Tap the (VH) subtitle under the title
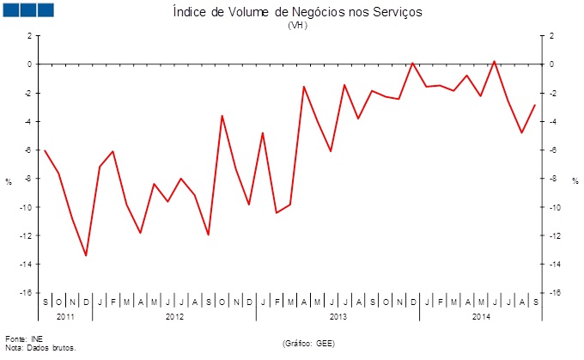pyautogui.click(x=297, y=25)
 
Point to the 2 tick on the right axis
pyautogui.click(x=551, y=36)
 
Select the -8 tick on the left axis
pyautogui.click(x=28, y=179)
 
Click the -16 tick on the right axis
pyautogui.click(x=554, y=293)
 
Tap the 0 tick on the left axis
pyautogui.click(x=30, y=64)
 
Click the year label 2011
pyautogui.click(x=65, y=316)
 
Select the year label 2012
pyautogui.click(x=173, y=316)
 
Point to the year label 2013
pyautogui.click(x=338, y=316)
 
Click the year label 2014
pyautogui.click(x=481, y=316)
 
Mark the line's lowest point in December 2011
pyautogui.click(x=86, y=255)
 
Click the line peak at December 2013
pyautogui.click(x=413, y=63)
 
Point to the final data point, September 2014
pyautogui.click(x=535, y=105)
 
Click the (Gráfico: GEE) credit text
pyautogui.click(x=307, y=343)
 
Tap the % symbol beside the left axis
pyautogui.click(x=9, y=181)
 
